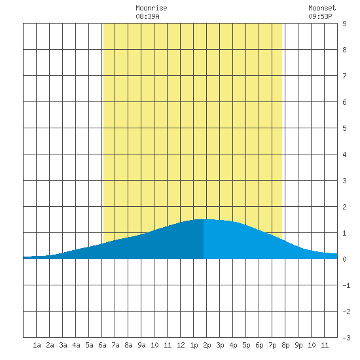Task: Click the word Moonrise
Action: [x=151, y=8]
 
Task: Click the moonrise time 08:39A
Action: [x=147, y=16]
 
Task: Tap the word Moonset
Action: [x=322, y=8]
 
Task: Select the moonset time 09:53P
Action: [x=320, y=16]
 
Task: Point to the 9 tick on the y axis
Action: [x=344, y=24]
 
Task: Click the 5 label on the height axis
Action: [x=344, y=128]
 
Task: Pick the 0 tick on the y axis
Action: [x=344, y=259]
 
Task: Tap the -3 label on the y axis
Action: [x=346, y=338]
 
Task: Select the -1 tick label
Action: [x=346, y=285]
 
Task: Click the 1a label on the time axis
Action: [x=37, y=345]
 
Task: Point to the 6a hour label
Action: [x=102, y=345]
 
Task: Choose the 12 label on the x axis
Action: [x=181, y=345]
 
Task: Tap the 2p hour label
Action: [x=207, y=345]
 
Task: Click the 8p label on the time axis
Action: [x=285, y=345]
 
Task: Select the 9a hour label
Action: [x=141, y=345]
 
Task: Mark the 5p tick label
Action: [x=246, y=345]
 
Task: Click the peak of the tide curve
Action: [x=204, y=219]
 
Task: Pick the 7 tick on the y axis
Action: [x=344, y=76]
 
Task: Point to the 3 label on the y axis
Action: [x=344, y=181]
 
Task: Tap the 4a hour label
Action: [x=76, y=345]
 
